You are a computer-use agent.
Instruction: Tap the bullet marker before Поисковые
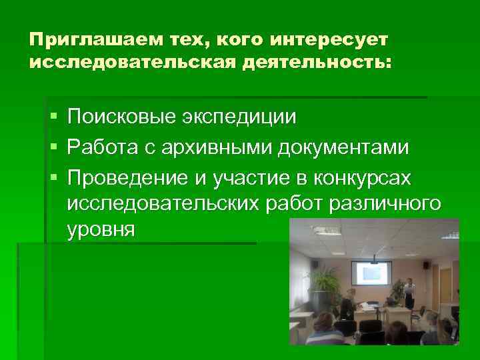click(x=53, y=118)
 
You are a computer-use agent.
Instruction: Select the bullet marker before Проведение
click(x=53, y=175)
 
